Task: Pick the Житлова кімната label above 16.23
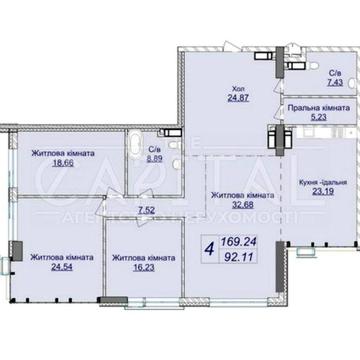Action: point(142,256)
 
